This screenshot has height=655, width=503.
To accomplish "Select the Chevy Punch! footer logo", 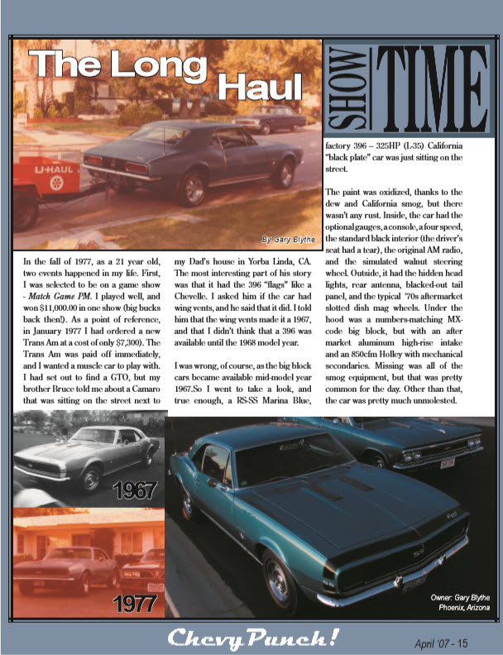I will point(251,638).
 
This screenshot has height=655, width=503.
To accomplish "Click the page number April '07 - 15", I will point(445,640).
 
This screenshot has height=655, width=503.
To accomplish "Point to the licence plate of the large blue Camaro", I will point(414,585).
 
